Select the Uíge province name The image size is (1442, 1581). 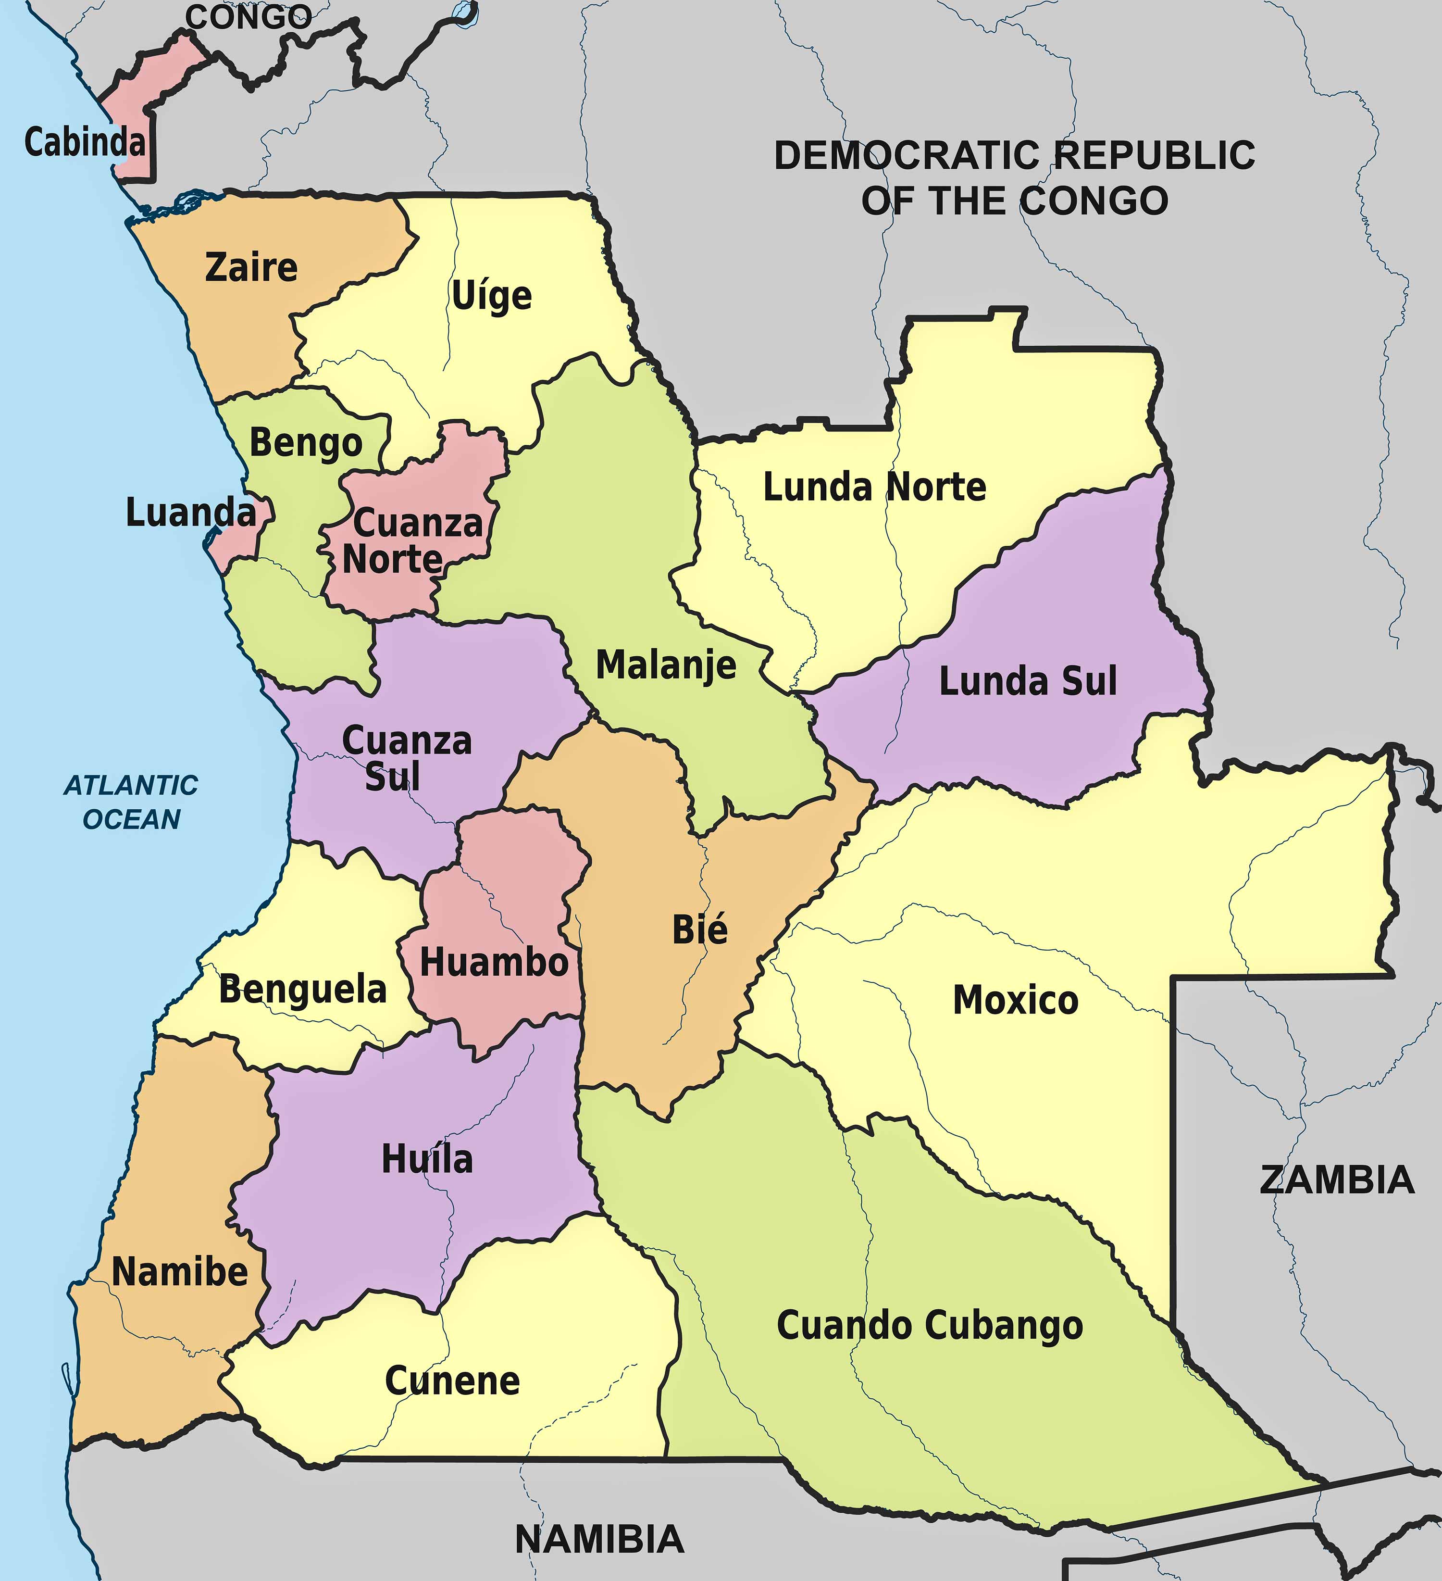click(x=492, y=296)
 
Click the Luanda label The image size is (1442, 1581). click(x=190, y=513)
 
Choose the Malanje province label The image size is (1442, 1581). click(x=666, y=665)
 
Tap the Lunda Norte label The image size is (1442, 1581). click(x=874, y=487)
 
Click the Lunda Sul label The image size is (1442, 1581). click(x=1027, y=681)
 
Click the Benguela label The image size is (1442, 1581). click(x=303, y=989)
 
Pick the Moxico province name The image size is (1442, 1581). click(x=1016, y=1001)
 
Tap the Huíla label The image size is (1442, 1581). click(x=427, y=1159)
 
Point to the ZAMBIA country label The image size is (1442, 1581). click(x=1336, y=1180)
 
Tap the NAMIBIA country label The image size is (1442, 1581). click(x=599, y=1540)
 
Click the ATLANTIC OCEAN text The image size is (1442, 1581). click(x=131, y=802)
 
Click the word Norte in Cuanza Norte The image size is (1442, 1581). click(x=392, y=559)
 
